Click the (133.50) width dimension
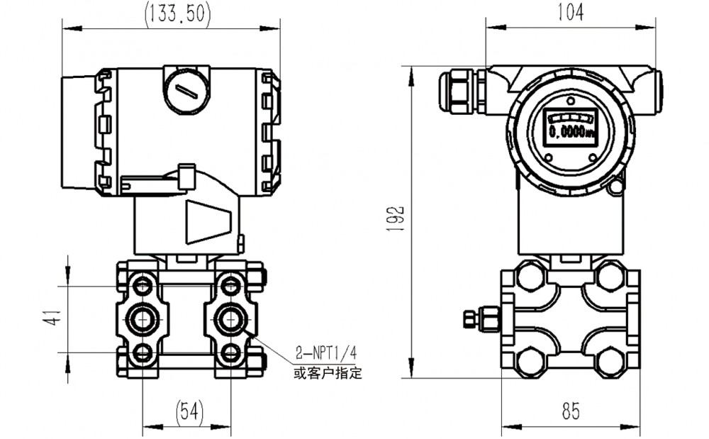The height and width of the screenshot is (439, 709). point(177,15)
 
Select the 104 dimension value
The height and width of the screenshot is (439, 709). point(571,12)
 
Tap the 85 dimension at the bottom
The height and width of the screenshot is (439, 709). point(571,411)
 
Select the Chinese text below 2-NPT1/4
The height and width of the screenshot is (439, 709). point(328,373)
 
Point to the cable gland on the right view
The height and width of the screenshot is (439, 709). point(461,90)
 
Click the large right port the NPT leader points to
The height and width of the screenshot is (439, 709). point(230,319)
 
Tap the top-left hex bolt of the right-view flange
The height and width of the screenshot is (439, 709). point(530,276)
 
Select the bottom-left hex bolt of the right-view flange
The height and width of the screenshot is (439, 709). point(530,362)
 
